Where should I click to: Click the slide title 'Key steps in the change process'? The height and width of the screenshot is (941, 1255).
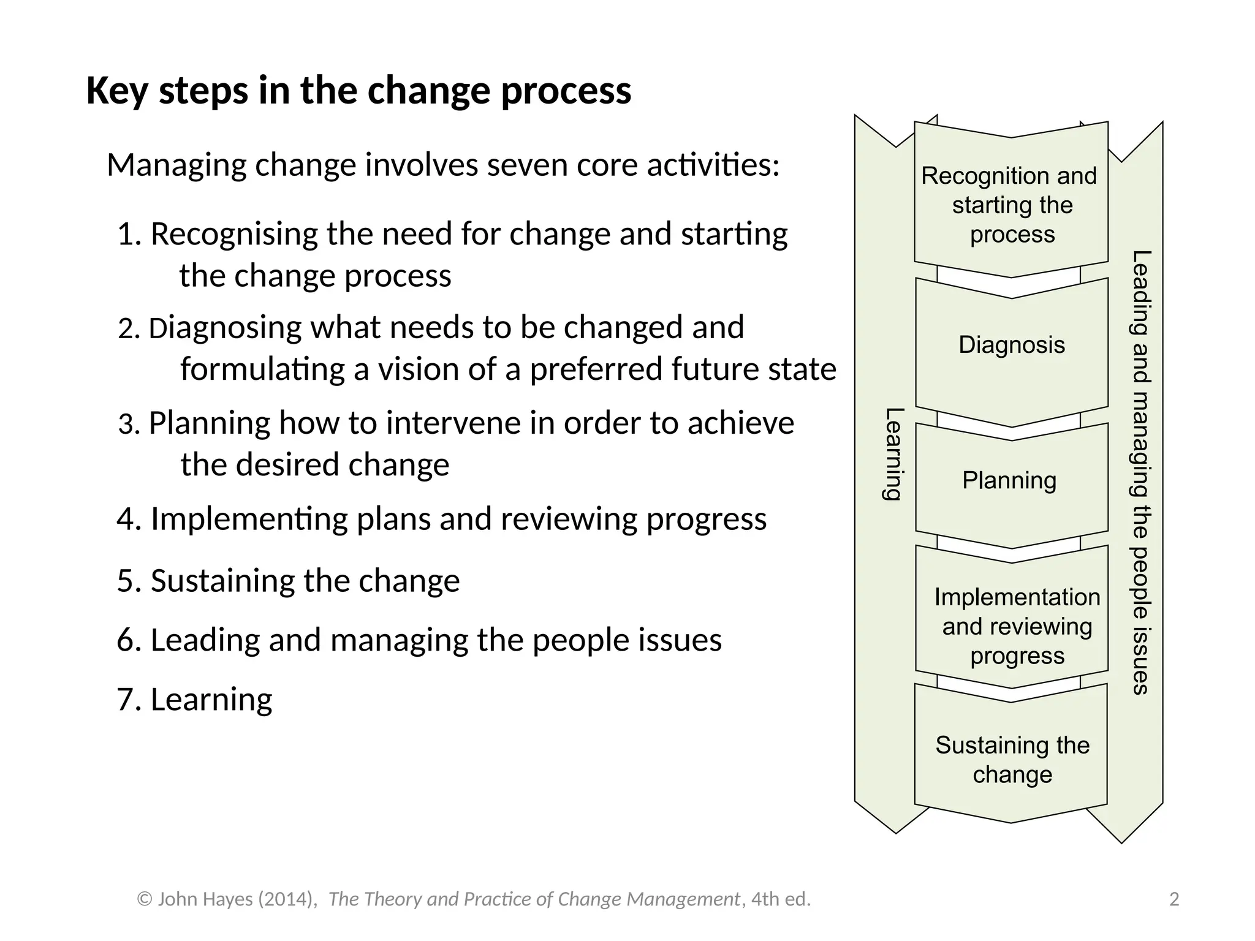click(x=358, y=91)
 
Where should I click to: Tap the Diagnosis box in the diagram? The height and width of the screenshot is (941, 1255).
click(x=1012, y=345)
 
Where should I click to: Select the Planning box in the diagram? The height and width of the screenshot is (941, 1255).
click(x=1009, y=481)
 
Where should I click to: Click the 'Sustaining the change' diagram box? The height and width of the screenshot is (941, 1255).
click(x=1012, y=760)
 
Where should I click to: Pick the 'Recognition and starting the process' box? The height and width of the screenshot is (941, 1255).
click(x=1011, y=205)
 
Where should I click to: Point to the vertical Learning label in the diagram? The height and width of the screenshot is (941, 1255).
click(x=893, y=454)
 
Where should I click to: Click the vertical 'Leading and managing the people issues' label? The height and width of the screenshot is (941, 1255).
click(x=1140, y=472)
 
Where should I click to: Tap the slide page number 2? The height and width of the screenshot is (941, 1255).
click(x=1174, y=899)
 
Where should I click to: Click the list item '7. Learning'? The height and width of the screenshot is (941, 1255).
click(x=195, y=700)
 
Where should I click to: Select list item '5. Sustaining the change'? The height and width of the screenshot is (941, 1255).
click(x=288, y=581)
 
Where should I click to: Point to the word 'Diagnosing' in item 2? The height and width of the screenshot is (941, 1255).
click(x=225, y=328)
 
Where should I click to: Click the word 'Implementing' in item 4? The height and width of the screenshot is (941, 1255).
click(x=249, y=520)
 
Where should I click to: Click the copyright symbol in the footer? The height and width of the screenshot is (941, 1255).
click(x=145, y=899)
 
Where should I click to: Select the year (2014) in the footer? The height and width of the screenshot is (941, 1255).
click(x=286, y=899)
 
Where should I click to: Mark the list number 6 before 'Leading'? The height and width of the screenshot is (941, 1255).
click(x=126, y=640)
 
